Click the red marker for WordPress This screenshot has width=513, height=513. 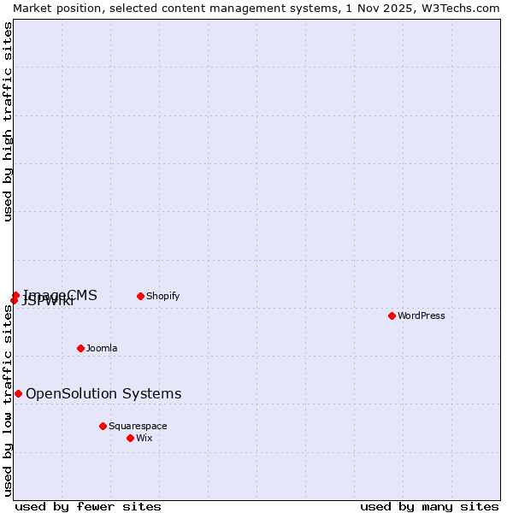click(x=392, y=315)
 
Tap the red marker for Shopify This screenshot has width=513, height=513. click(x=140, y=296)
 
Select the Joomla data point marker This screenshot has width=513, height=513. click(x=80, y=348)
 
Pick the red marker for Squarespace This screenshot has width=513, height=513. click(x=103, y=426)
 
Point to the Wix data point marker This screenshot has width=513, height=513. click(x=130, y=438)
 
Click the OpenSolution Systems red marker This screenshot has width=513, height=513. click(x=18, y=393)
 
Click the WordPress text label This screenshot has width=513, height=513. click(x=422, y=315)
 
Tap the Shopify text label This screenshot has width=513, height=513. click(x=162, y=296)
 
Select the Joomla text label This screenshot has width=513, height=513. click(x=102, y=348)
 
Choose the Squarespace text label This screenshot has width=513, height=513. click(x=138, y=426)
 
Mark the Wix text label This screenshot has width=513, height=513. click(x=144, y=438)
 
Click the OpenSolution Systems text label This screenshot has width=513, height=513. click(x=103, y=393)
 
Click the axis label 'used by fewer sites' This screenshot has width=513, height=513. click(x=88, y=506)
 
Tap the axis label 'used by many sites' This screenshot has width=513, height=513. click(x=429, y=506)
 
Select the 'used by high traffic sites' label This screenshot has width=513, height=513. click(x=8, y=121)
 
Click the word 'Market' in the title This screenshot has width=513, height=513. click(x=32, y=8)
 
